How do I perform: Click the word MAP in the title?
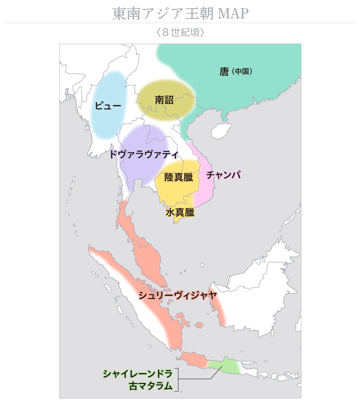tap(233, 13)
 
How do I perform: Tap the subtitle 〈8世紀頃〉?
tap(180, 32)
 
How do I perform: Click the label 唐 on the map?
tap(224, 72)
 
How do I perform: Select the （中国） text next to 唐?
tap(242, 71)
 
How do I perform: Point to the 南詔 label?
tap(164, 100)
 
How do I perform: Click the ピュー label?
tap(108, 106)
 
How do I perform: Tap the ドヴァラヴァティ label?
tap(144, 154)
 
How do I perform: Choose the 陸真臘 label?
tap(178, 177)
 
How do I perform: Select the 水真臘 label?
tap(180, 212)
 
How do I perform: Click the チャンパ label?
tap(224, 175)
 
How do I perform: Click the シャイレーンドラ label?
tap(138, 374)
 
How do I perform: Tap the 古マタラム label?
tap(151, 386)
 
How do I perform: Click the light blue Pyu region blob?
tap(108, 121)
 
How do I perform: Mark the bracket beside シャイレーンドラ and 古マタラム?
tap(177, 380)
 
